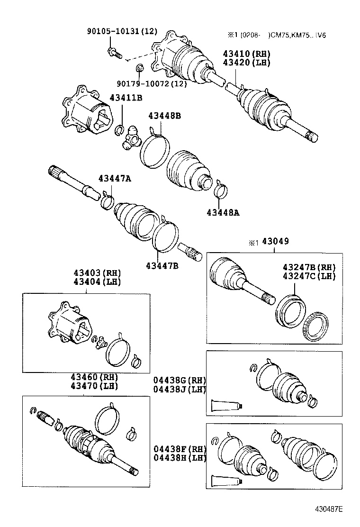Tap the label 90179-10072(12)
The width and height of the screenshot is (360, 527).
click(151, 83)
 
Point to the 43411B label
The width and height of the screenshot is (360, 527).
click(126, 98)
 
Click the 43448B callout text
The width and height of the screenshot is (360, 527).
click(164, 116)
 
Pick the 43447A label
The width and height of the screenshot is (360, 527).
click(115, 178)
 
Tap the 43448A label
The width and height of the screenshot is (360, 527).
click(223, 212)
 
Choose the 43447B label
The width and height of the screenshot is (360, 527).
click(162, 265)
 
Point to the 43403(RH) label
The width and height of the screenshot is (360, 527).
click(97, 273)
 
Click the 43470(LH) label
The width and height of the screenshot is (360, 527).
click(94, 385)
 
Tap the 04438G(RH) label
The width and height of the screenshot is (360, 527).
click(180, 381)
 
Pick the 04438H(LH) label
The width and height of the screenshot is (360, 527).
click(180, 458)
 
